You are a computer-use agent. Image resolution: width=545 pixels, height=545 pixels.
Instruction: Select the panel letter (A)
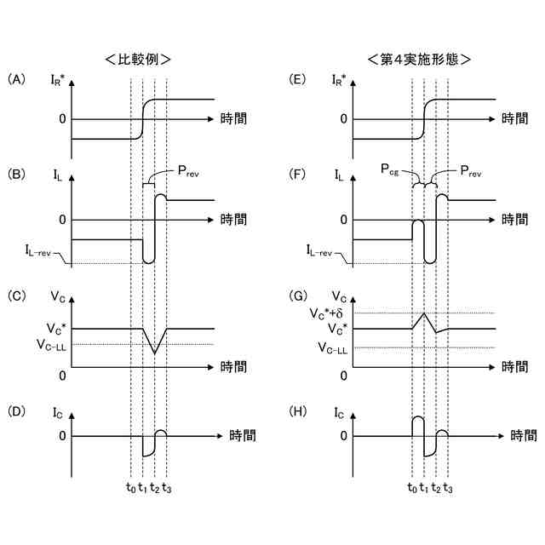17,79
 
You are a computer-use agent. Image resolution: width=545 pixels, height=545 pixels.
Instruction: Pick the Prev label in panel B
186,174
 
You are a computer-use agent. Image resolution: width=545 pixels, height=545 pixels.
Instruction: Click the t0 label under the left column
129,488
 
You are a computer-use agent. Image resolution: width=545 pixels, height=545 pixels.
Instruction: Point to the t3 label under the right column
448,488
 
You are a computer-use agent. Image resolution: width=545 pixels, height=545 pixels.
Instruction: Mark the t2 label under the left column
154,488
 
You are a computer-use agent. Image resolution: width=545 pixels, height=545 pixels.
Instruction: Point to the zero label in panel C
62,375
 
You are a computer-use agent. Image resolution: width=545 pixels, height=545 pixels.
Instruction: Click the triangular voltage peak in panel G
423,314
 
